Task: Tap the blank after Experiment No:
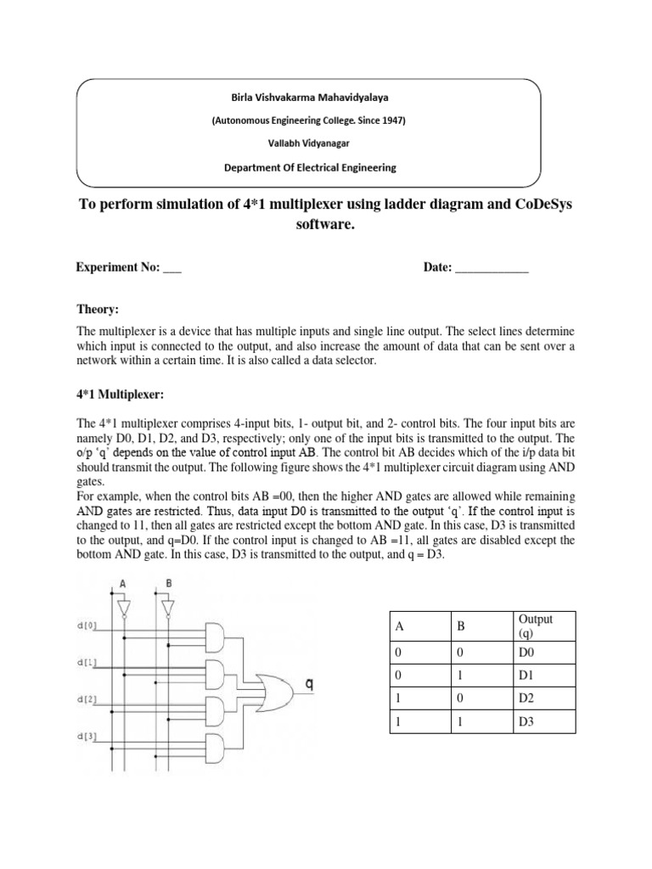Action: [x=171, y=268]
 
